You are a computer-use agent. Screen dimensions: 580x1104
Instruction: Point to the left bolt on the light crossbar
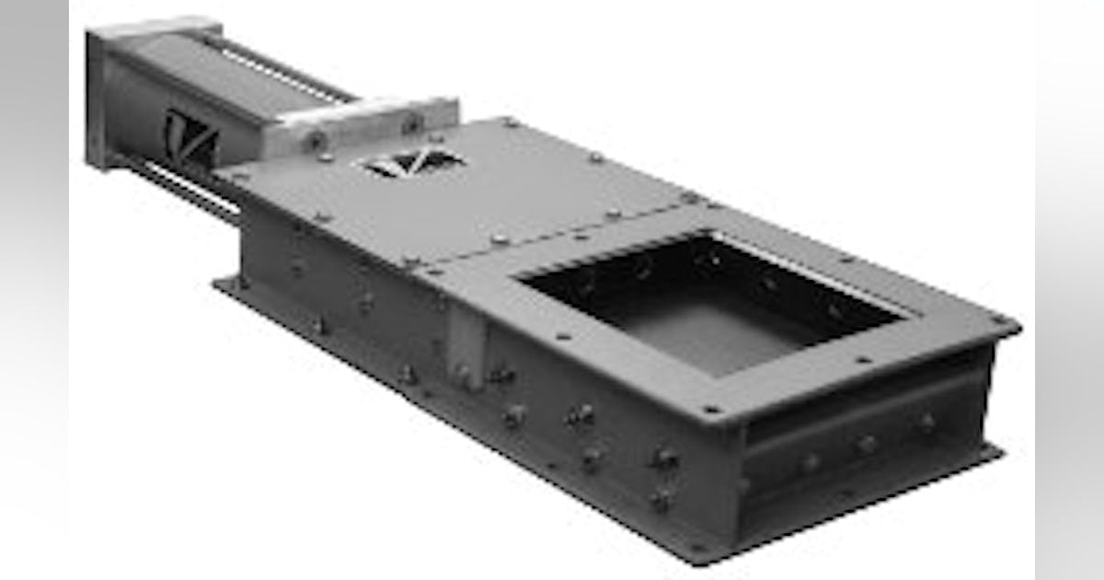316,139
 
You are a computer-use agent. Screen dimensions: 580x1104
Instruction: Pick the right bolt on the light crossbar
411,121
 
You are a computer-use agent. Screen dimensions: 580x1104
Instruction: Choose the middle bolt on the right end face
867,443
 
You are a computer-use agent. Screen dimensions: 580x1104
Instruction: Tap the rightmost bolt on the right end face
926,423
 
